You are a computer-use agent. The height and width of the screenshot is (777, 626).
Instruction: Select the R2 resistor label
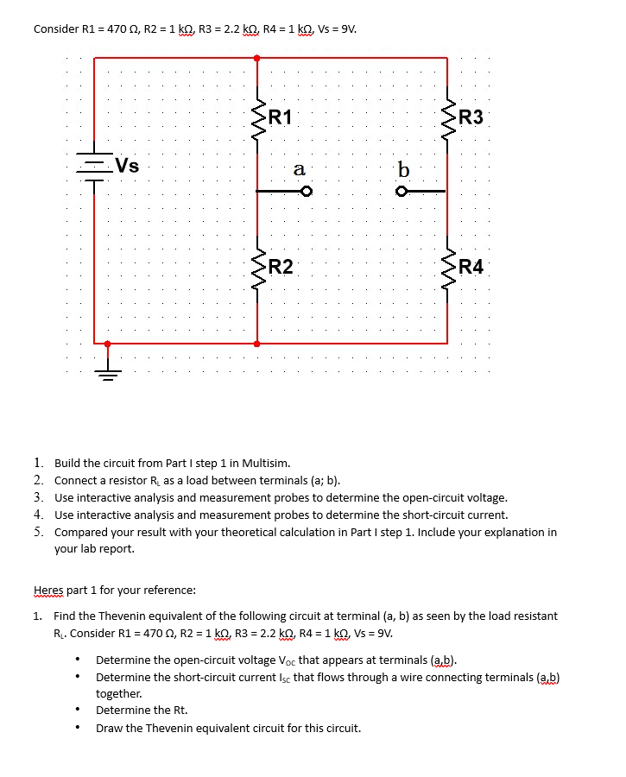tap(281, 267)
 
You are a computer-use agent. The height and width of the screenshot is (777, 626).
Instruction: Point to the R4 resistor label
tap(472, 267)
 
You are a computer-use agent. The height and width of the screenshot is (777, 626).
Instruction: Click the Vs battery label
tap(128, 165)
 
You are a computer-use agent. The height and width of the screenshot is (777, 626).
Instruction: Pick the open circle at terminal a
tap(305, 191)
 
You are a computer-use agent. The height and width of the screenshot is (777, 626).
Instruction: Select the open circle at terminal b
tap(401, 191)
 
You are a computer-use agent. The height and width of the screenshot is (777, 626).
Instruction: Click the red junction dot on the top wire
tap(256, 58)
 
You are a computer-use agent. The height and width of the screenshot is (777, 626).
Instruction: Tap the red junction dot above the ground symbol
tap(107, 344)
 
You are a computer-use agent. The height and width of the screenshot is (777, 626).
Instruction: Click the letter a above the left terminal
tap(299, 169)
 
